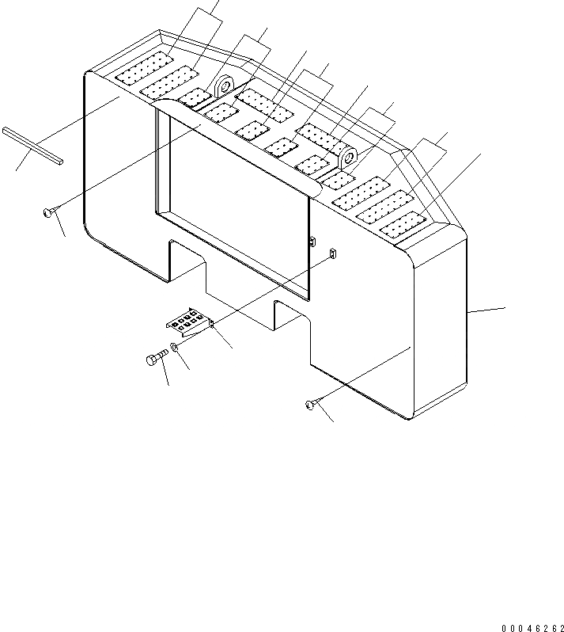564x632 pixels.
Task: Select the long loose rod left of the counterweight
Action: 32,147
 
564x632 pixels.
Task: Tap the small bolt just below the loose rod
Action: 50,211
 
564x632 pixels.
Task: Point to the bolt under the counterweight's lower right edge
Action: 309,405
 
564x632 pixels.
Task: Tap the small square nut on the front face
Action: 332,253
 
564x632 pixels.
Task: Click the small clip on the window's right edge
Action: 312,239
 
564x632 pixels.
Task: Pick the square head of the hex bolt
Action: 152,360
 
